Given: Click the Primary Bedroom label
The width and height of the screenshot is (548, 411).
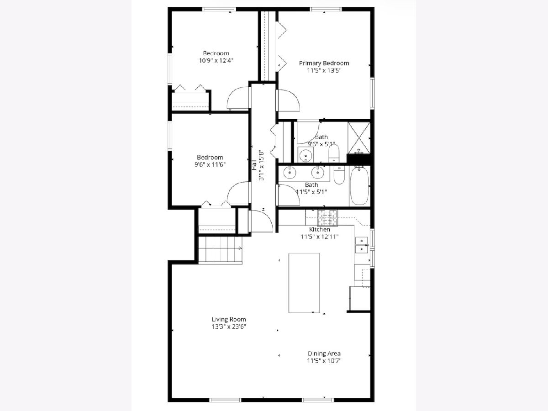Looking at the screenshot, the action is tap(324, 63).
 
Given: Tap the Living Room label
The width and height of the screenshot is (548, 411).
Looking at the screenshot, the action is tap(229, 319).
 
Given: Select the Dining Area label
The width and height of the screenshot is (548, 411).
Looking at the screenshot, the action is tap(324, 353).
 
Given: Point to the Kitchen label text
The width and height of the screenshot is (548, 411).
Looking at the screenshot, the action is tap(320, 229).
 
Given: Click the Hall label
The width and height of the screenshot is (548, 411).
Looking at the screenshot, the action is tap(254, 165).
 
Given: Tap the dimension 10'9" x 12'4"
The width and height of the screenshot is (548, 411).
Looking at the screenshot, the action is tap(216, 60).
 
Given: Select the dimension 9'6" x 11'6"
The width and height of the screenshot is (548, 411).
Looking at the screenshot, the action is tap(210, 164).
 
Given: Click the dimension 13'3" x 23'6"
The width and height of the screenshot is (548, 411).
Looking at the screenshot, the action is tap(229, 327).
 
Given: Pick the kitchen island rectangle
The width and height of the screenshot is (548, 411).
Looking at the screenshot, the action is tap(304, 283).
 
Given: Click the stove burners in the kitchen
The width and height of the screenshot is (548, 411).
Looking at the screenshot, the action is tap(327, 218).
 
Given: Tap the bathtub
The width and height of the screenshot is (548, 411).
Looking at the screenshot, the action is tap(359, 186).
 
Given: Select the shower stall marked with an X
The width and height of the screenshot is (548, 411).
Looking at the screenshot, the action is tap(359, 138).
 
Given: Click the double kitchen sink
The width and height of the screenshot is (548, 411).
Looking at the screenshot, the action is tap(362, 245).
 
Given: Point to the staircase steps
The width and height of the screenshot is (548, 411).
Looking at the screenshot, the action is tap(220, 249).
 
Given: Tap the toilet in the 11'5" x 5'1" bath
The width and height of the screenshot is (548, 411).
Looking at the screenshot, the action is tap(339, 174).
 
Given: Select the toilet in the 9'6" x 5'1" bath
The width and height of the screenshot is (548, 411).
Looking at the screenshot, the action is tap(334, 153).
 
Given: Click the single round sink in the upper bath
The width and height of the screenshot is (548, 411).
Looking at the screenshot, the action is tap(306, 155).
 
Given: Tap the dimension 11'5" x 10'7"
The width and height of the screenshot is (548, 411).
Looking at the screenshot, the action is tap(324, 361).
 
